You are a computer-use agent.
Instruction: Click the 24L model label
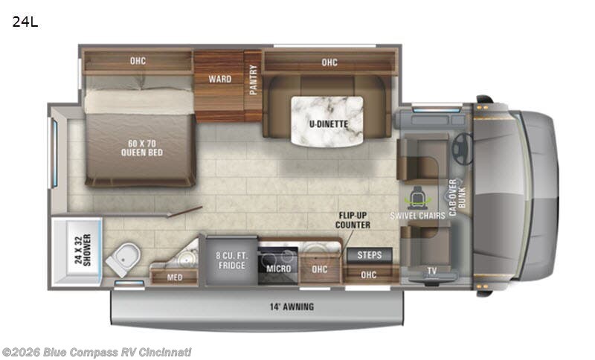[x=25, y=22]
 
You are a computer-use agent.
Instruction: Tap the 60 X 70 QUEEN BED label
[x=141, y=148]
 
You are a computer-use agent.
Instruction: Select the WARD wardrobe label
[x=219, y=79]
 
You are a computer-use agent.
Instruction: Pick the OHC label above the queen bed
[x=136, y=62]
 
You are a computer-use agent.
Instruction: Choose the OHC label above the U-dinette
[x=329, y=62]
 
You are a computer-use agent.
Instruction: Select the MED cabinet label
[x=174, y=277]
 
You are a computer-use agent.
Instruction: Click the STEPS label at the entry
[x=370, y=255]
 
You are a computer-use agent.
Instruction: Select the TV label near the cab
[x=431, y=271]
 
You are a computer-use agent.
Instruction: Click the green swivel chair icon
[x=414, y=197]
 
